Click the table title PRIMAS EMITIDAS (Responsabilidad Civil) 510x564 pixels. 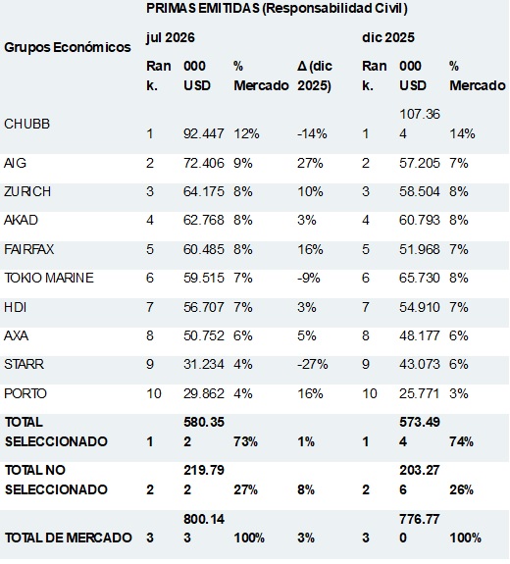tap(277, 8)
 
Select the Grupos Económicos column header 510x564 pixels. tap(68, 47)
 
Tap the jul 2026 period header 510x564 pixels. tap(170, 38)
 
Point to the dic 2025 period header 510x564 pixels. tap(388, 37)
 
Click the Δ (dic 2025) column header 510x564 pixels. tap(315, 76)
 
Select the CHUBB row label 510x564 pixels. tap(27, 125)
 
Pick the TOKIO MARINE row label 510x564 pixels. tap(49, 278)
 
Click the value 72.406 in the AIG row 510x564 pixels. tap(204, 163)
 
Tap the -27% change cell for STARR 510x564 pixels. tap(312, 364)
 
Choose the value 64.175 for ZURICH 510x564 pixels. tap(204, 191)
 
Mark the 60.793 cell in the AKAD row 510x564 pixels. tap(420, 220)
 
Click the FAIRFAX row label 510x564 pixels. tap(28, 249)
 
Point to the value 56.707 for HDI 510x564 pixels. tap(204, 307)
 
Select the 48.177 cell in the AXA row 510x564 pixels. tap(420, 336)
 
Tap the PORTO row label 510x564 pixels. tap(25, 393)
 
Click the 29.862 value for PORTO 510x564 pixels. tap(204, 393)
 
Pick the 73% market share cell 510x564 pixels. tap(245, 441)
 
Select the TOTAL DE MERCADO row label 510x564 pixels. tap(68, 538)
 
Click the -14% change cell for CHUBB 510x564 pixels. tap(312, 133)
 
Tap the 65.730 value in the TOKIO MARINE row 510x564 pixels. tap(420, 278)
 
